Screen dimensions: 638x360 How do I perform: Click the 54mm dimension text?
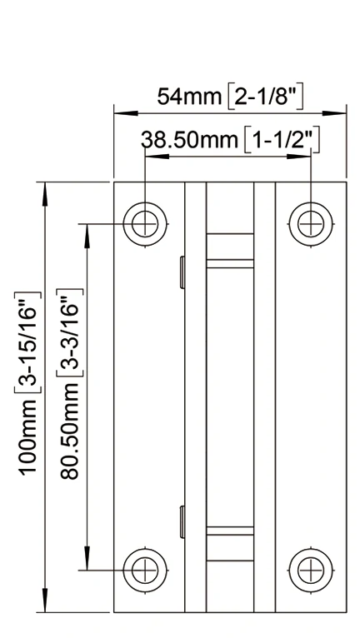tap(190, 97)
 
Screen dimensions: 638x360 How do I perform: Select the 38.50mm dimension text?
tap(190, 139)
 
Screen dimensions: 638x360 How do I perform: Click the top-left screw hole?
tap(145, 222)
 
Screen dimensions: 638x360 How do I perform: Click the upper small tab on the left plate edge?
tap(181, 272)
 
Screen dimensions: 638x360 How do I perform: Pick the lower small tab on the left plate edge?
tap(181, 521)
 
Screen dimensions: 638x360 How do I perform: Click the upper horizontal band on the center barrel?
tap(230, 263)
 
